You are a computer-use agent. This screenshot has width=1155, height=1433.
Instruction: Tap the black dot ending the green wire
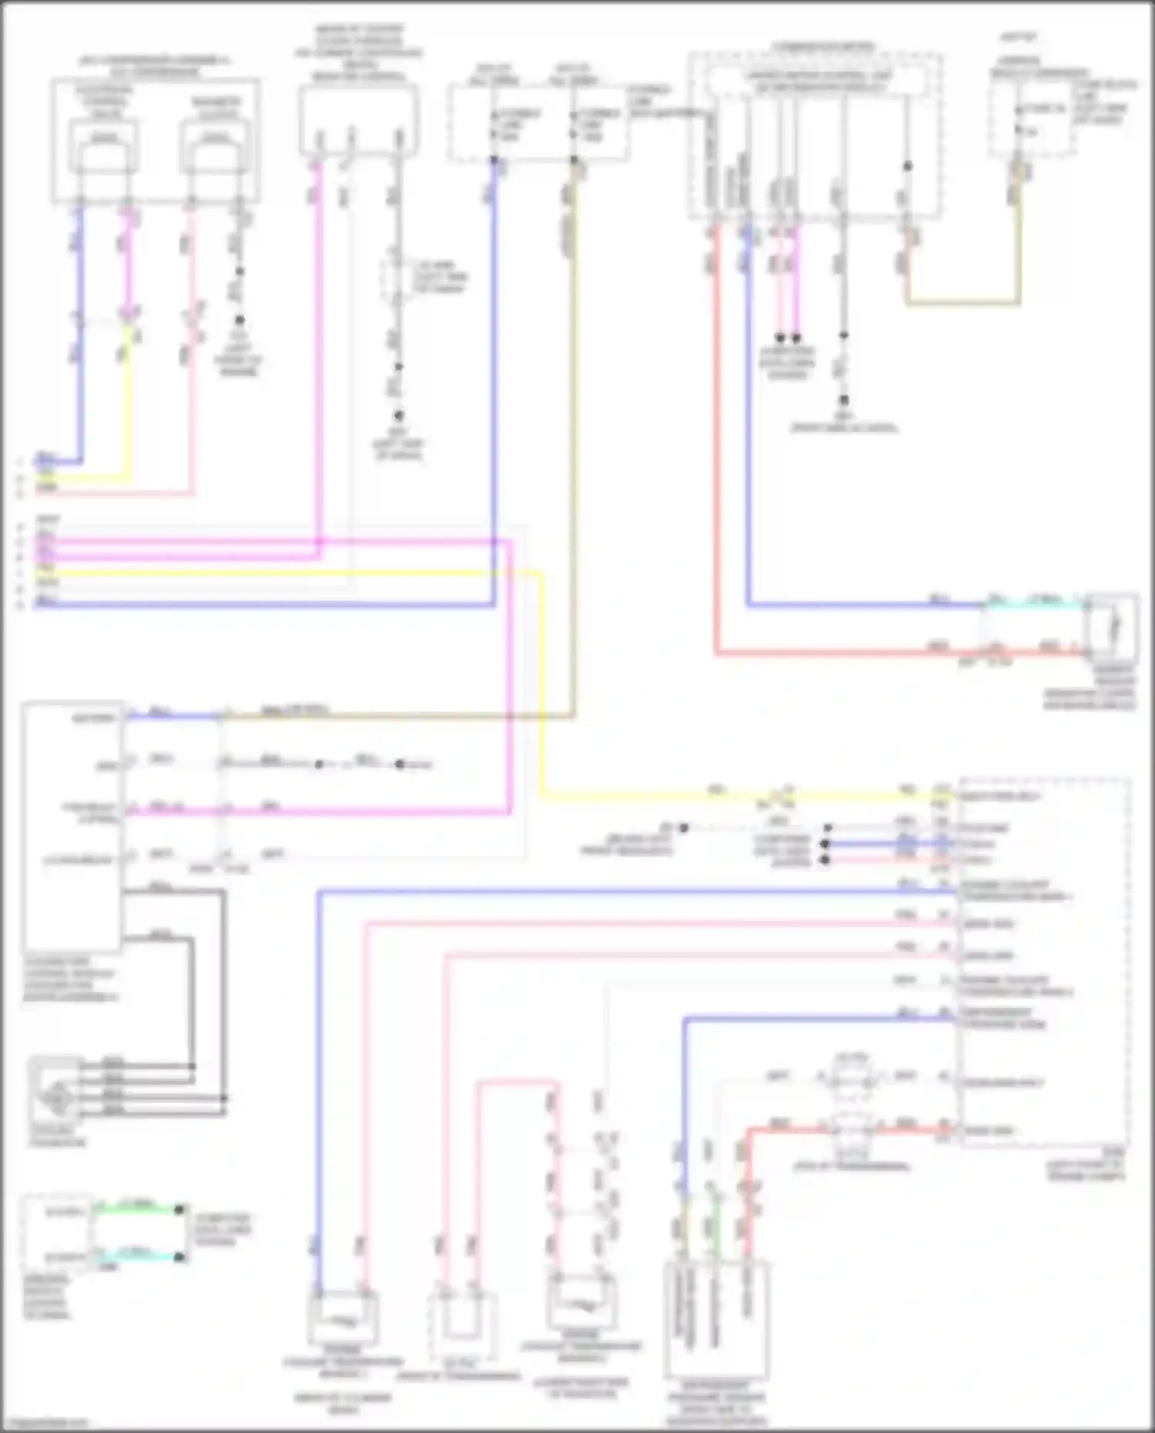click(x=179, y=1210)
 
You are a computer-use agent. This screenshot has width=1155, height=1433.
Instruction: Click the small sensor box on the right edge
click(x=1110, y=623)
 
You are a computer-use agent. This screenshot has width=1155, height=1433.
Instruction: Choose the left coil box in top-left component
click(x=105, y=147)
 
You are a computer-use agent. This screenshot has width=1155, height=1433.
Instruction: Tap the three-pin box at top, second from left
click(x=358, y=120)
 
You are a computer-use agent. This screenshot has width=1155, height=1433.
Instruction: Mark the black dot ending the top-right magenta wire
click(x=796, y=337)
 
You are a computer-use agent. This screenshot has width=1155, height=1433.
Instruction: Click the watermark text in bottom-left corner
click(x=45, y=1423)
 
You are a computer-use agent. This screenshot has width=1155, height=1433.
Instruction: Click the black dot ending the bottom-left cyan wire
click(x=179, y=1257)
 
